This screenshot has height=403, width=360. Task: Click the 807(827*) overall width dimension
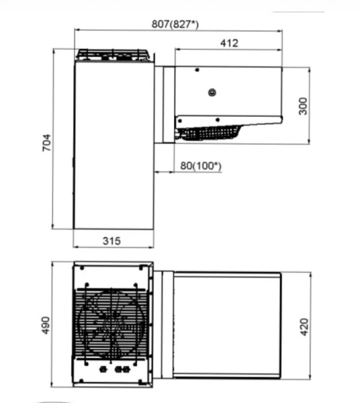pos(175,24)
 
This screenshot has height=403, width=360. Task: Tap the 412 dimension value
pos(229,43)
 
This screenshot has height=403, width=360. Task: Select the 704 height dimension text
pos(47,142)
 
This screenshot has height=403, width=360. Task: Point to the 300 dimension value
pos(303,106)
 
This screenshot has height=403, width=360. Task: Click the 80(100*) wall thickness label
pos(201,165)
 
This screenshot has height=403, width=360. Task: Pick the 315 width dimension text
pos(111,241)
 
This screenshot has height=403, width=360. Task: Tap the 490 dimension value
pos(46,325)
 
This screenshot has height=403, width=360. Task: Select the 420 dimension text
pos(304,327)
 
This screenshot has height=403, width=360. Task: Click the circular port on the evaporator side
pos(212,92)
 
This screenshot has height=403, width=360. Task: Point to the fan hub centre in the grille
pos(112,324)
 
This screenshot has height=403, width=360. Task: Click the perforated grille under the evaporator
pos(210,132)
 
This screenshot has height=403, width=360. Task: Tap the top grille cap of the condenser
pos(113,55)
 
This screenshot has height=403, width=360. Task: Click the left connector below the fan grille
pos(103,369)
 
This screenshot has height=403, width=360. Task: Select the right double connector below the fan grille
pos(122,369)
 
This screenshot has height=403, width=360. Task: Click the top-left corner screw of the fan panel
pos(82,268)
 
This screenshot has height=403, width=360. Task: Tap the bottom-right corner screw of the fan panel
pos(140,381)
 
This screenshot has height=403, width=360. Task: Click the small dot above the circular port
pos(197,70)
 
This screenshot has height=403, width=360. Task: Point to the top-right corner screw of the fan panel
pos(141,268)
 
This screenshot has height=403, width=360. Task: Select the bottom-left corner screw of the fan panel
pos(81,381)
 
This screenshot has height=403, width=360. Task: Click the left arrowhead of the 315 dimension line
pos(75,247)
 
